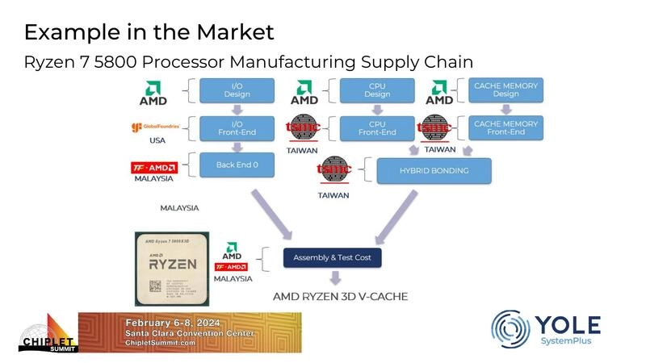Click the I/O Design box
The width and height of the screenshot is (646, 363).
point(237,90)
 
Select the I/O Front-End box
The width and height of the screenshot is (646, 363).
point(237,128)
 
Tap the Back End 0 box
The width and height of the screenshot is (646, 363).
point(237,165)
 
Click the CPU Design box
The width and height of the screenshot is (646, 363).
point(377,90)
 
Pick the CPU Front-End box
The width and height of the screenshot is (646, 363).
point(377,128)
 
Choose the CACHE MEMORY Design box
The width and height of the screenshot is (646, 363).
point(505,90)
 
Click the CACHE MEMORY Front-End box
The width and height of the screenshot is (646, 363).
point(505,128)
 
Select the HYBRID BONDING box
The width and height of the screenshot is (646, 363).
point(434,170)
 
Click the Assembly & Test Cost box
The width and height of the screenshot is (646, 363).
point(332,258)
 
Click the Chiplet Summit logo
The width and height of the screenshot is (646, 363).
point(48,332)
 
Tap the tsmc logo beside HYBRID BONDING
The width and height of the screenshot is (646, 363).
point(335,170)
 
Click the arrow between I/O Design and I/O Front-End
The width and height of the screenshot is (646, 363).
point(237,109)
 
